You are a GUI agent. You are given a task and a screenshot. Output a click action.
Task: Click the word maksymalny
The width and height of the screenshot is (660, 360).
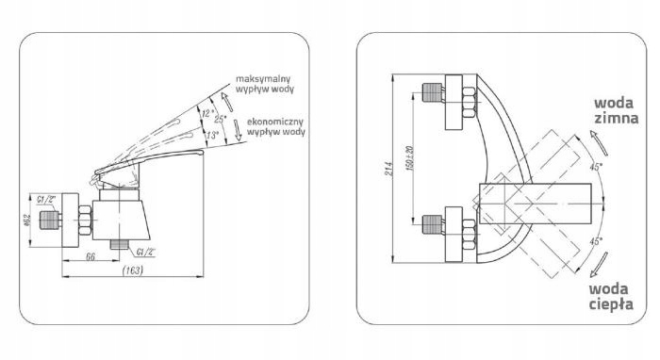[x=263, y=79]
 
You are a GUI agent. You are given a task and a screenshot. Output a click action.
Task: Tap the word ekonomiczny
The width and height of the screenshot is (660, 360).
[x=275, y=122]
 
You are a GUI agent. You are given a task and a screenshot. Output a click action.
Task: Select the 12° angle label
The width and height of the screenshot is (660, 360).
[x=208, y=113]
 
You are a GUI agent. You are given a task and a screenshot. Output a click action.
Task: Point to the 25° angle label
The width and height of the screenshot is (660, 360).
[x=220, y=119]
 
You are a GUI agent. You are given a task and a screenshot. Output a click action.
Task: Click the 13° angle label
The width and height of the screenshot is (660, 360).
[x=212, y=136]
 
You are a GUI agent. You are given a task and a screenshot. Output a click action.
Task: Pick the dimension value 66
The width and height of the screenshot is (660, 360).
[x=91, y=256]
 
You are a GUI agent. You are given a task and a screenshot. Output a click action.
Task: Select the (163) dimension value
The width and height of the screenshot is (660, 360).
[x=133, y=270]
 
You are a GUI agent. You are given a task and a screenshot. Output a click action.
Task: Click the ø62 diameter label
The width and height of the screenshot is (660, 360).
[x=27, y=220]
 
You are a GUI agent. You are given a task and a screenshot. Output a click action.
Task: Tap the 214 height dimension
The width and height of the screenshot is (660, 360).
[x=388, y=169]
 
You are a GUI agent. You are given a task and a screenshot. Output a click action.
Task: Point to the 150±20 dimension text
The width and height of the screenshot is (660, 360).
[x=409, y=158]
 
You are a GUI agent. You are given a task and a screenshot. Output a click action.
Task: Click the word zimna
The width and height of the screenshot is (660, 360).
[x=617, y=118]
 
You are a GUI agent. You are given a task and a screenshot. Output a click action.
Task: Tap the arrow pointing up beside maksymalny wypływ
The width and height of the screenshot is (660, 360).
[x=227, y=102]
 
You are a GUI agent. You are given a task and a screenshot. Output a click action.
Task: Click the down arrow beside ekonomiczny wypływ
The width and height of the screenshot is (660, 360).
[x=238, y=129]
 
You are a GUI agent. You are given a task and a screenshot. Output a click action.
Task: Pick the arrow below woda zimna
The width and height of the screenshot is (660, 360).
[x=599, y=143]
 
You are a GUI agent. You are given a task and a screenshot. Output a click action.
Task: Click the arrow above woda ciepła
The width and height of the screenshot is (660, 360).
[x=599, y=265]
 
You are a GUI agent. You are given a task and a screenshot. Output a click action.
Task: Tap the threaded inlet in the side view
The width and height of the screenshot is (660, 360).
[x=50, y=220]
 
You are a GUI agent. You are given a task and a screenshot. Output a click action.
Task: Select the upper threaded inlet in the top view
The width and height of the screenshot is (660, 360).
[x=432, y=93]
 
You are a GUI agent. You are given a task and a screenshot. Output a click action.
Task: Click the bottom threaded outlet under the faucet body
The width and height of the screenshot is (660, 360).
[x=119, y=245]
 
